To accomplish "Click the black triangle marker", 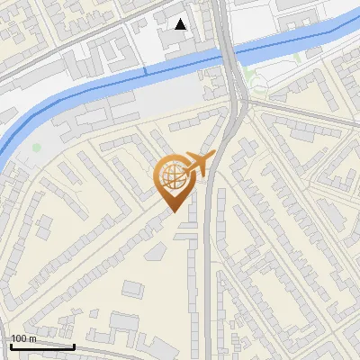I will (181, 24).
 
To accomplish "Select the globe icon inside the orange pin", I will (172, 176).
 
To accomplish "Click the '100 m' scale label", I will (23, 338).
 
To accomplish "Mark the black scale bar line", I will (41, 346).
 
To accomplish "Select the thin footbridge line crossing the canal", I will (145, 71).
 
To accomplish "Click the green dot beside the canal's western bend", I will (37, 147).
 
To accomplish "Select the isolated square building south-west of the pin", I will (132, 289).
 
